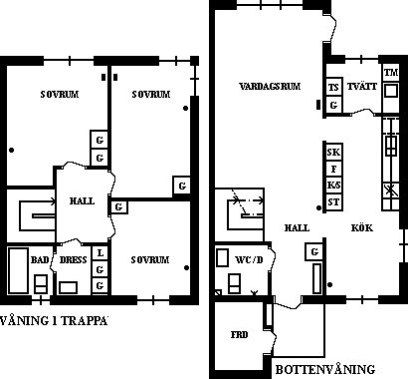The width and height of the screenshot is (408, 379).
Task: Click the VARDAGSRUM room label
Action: [x=270, y=87]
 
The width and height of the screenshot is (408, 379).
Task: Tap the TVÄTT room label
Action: [x=362, y=87]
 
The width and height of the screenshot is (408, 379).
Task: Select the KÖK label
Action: [x=362, y=228]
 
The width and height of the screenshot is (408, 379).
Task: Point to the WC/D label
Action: [x=249, y=259]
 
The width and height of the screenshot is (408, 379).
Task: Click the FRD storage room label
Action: [x=240, y=334]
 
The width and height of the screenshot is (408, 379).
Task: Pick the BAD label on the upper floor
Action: [x=40, y=259]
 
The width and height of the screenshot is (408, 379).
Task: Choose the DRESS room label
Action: [x=73, y=259]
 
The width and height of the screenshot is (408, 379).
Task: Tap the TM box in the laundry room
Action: [x=391, y=72]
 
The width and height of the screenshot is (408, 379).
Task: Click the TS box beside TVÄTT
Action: [x=333, y=87]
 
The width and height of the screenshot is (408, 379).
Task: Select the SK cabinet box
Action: [x=333, y=153]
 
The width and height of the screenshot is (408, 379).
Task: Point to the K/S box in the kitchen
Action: [x=333, y=186]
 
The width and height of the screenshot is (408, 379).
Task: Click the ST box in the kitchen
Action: [x=333, y=202]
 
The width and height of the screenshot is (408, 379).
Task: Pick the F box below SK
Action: [x=333, y=170]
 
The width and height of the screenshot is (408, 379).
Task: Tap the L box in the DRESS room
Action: [x=100, y=253]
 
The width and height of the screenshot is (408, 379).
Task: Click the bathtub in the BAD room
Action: [x=18, y=270]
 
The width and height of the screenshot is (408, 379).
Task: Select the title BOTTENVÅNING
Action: [x=325, y=369]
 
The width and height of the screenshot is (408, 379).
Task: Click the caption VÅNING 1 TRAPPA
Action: [x=54, y=321]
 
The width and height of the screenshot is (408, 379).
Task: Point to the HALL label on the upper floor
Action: [x=82, y=201]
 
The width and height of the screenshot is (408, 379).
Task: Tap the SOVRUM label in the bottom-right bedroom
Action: [x=150, y=259]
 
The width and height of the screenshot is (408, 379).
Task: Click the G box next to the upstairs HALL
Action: [x=118, y=207]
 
